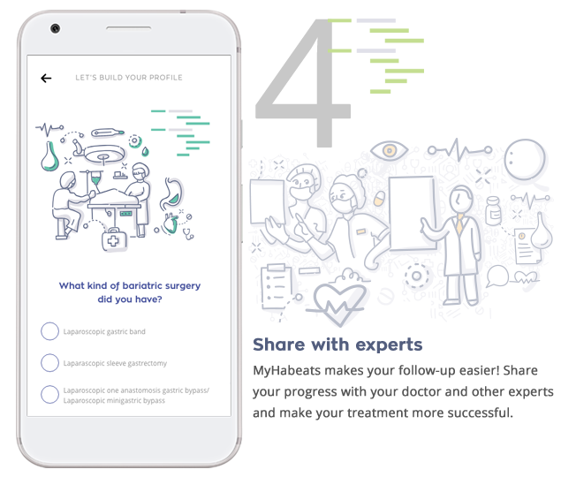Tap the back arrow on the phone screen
[46, 78]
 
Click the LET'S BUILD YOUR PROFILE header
[129, 78]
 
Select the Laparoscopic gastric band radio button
[49, 331]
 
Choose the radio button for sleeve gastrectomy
[49, 362]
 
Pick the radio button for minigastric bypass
[49, 394]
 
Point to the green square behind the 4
[389, 55]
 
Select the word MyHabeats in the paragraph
[286, 370]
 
